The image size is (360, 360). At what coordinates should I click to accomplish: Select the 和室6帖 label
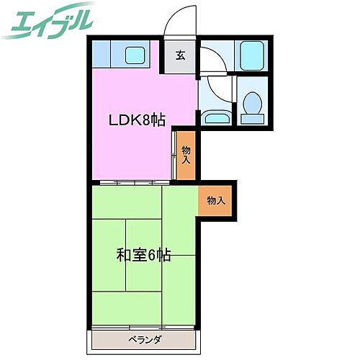143,254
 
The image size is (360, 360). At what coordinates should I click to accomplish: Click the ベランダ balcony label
145,338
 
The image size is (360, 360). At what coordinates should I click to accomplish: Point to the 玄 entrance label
180,54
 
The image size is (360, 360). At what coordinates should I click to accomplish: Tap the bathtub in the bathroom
251,54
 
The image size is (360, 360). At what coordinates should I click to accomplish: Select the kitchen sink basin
134,54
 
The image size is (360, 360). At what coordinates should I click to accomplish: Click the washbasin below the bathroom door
215,118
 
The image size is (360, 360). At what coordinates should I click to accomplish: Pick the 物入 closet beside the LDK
186,153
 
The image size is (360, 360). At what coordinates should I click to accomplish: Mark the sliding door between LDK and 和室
133,181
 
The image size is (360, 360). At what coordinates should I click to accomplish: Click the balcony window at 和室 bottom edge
143,328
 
